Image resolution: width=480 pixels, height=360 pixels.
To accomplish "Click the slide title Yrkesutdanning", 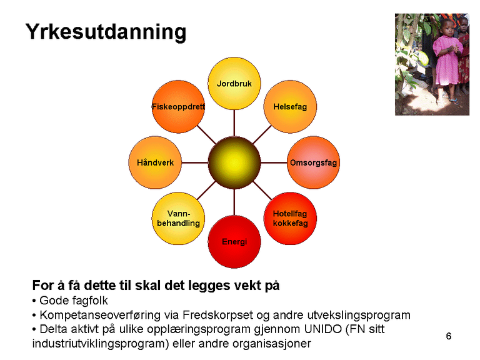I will (x=106, y=32).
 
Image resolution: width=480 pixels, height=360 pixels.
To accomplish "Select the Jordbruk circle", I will (x=234, y=83).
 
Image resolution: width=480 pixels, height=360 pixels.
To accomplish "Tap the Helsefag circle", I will (x=289, y=107).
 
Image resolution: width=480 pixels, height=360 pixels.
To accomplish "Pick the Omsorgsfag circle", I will (x=312, y=162).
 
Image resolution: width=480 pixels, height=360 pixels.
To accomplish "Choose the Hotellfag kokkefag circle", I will (x=290, y=218).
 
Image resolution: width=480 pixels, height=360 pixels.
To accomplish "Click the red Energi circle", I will (x=234, y=241).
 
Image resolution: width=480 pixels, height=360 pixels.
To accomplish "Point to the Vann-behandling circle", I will (x=179, y=218).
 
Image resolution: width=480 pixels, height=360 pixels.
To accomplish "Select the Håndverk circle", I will (x=155, y=162).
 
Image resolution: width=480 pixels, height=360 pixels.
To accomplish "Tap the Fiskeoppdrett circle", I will (x=178, y=107).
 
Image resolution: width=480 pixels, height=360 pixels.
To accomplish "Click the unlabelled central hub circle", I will (x=234, y=162).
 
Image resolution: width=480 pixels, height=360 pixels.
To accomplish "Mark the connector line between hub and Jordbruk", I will (x=234, y=122).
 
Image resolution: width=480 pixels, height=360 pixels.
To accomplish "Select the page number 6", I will (x=448, y=337).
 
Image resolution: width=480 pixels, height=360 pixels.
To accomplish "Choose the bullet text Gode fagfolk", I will (x=73, y=301).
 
